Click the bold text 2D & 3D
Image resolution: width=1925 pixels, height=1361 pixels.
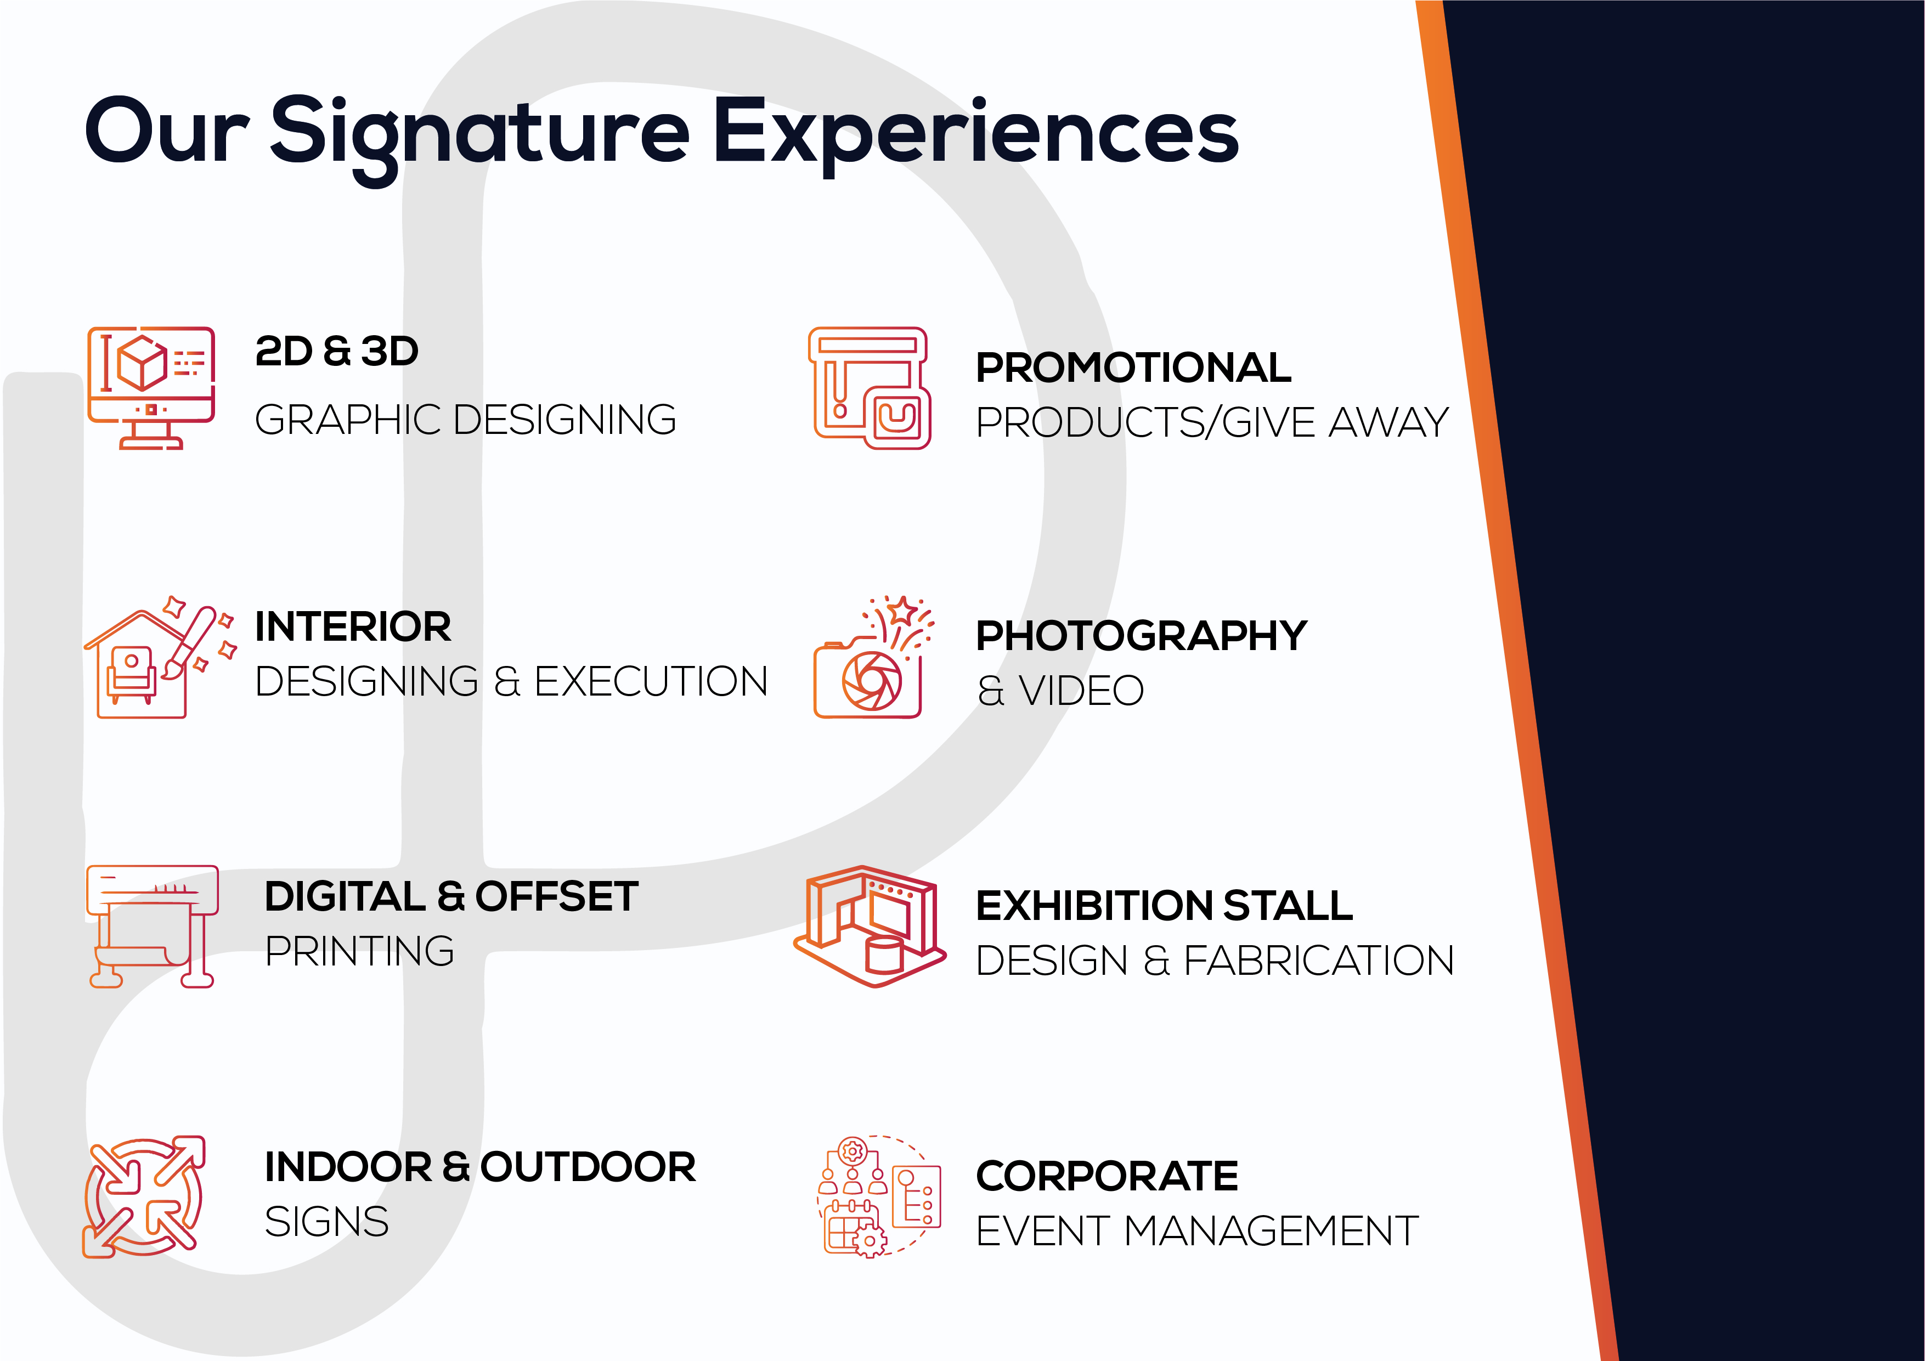pyautogui.click(x=336, y=352)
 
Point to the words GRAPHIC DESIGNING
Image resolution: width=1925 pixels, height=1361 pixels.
pyautogui.click(x=465, y=420)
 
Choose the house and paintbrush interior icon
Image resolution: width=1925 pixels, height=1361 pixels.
pyautogui.click(x=159, y=657)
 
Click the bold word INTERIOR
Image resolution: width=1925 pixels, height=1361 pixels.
pyautogui.click(x=353, y=626)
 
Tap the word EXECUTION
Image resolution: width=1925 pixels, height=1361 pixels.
pyautogui.click(x=651, y=681)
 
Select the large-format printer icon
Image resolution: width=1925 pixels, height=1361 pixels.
pyautogui.click(x=152, y=927)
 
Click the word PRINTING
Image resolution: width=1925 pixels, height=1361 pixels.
pyautogui.click(x=360, y=951)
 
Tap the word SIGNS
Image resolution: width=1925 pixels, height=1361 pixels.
pyautogui.click(x=326, y=1222)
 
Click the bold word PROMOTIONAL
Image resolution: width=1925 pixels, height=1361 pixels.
pyautogui.click(x=1133, y=368)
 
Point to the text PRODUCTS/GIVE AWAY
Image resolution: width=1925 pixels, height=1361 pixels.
pyautogui.click(x=1212, y=422)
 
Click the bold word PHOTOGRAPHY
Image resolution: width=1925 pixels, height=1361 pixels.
pyautogui.click(x=1141, y=636)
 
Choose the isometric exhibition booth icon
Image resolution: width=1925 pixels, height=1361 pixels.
pyautogui.click(x=870, y=927)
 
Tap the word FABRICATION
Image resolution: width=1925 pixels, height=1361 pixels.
pyautogui.click(x=1319, y=960)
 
